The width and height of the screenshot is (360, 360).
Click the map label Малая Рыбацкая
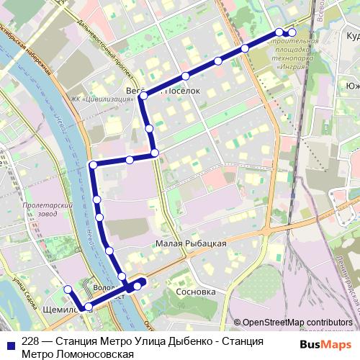click(x=191, y=244)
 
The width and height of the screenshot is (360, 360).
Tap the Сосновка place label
click(x=196, y=293)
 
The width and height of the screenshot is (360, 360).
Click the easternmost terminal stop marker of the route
click(x=292, y=32)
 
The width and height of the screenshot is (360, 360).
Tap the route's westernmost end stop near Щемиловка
click(x=68, y=289)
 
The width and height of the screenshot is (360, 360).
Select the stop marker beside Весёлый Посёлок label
click(x=144, y=95)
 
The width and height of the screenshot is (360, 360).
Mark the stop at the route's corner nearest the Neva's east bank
click(x=93, y=166)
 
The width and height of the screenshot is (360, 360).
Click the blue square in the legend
click(x=11, y=342)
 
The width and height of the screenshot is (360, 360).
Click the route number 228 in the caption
click(x=31, y=342)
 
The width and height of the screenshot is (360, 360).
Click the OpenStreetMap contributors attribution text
click(x=293, y=323)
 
